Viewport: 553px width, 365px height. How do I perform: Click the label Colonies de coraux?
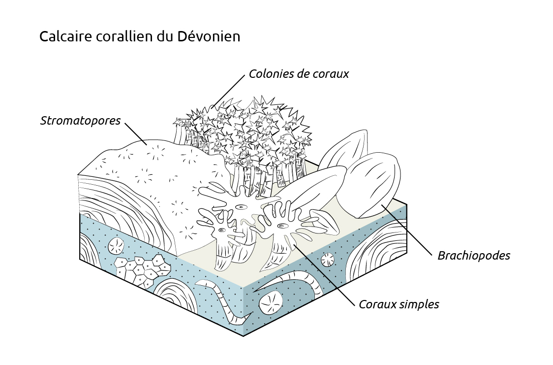298,74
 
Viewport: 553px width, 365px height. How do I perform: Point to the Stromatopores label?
81,121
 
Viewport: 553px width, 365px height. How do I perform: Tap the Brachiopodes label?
473,256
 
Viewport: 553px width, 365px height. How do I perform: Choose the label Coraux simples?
399,304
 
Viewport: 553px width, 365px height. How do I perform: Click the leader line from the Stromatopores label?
136,133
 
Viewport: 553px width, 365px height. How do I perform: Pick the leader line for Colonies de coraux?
229,91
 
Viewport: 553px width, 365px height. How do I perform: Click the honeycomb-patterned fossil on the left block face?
143,270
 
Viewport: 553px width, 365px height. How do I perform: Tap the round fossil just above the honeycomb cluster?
117,245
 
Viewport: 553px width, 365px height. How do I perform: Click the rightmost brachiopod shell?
374,185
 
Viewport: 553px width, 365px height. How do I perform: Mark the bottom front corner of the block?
244,336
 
